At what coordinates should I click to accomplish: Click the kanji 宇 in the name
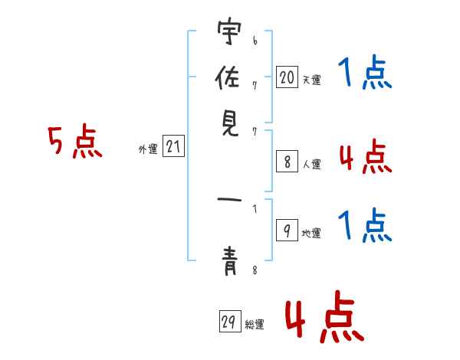tap(229, 31)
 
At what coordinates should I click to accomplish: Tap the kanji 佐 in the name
tap(228, 77)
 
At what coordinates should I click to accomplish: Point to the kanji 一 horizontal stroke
tap(229, 200)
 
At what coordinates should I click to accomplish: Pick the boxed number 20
tap(287, 77)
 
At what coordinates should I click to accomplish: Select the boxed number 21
tap(173, 146)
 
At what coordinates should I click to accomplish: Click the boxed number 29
tap(230, 321)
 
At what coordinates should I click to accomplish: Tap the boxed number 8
tap(287, 162)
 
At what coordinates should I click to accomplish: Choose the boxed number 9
tap(287, 230)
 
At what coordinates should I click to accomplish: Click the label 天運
tap(312, 80)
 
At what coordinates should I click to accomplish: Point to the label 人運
tap(312, 164)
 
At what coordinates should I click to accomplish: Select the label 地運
tap(311, 234)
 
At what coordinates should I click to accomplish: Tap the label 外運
tap(148, 149)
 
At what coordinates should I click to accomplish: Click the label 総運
tap(255, 324)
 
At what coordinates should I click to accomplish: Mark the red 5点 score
tap(75, 141)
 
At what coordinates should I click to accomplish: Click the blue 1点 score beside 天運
tap(365, 72)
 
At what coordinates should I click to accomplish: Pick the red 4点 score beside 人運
tap(366, 156)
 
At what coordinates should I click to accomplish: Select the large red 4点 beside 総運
tap(325, 316)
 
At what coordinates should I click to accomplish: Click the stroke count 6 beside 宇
tap(255, 40)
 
